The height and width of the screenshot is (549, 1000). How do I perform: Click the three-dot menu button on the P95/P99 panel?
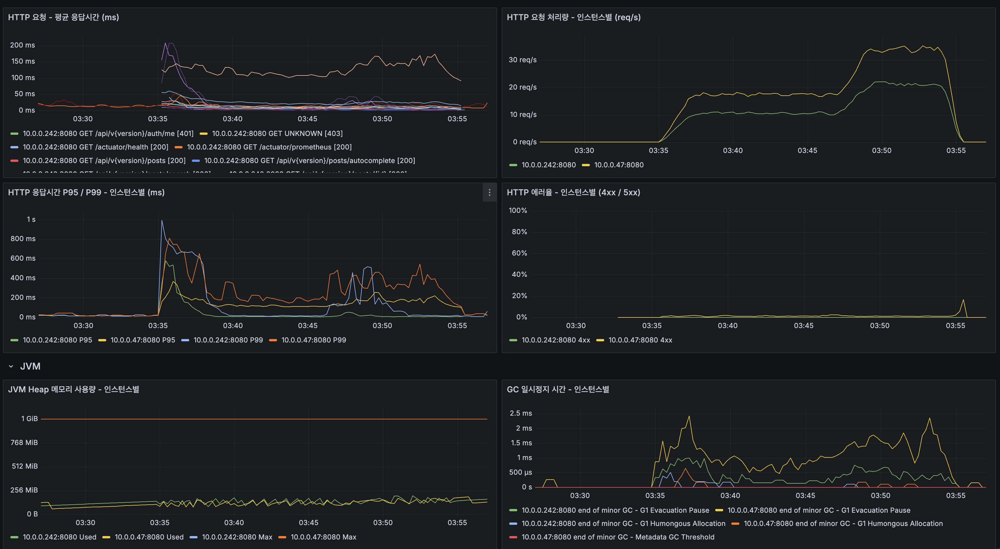[x=489, y=193]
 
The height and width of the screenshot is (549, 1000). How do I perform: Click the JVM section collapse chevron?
[x=11, y=366]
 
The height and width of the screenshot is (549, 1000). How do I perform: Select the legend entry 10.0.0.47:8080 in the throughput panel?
[x=618, y=165]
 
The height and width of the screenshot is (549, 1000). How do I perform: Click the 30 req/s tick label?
[x=522, y=60]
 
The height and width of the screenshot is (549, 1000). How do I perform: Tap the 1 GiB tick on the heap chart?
[x=29, y=419]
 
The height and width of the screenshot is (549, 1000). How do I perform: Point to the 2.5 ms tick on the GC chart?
[x=520, y=413]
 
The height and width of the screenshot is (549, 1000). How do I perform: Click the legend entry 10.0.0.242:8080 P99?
[x=228, y=340]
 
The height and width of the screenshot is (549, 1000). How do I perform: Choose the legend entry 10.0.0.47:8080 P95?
[x=143, y=340]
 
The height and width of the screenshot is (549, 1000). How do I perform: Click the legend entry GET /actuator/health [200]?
[x=95, y=147]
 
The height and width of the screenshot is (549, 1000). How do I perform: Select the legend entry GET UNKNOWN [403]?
[x=277, y=134]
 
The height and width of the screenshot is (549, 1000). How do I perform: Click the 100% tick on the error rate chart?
[x=518, y=211]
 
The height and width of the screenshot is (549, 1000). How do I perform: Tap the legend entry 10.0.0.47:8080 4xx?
[x=640, y=340]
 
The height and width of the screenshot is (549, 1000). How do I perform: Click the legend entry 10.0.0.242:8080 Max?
[x=237, y=537]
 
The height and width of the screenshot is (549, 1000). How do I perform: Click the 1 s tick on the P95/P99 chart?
[x=31, y=219]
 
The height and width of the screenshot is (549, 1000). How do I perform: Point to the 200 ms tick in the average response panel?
[x=22, y=45]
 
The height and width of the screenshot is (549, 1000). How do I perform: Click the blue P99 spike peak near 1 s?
[x=162, y=221]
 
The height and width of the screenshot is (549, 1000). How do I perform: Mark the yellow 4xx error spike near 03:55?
[x=963, y=300]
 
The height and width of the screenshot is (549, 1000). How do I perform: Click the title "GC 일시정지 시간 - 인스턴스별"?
[x=558, y=389]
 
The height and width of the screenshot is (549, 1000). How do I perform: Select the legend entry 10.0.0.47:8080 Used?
[x=149, y=537]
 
